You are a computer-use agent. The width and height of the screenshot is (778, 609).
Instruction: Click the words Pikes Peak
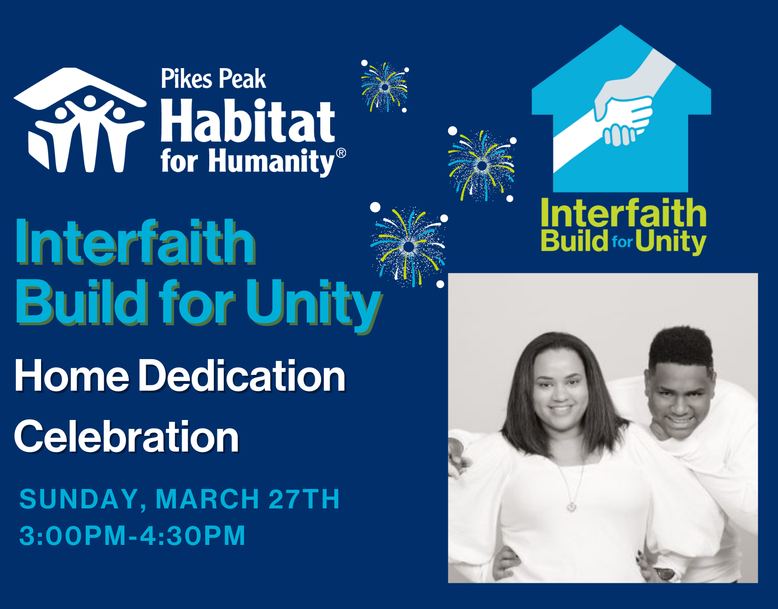pyautogui.click(x=213, y=79)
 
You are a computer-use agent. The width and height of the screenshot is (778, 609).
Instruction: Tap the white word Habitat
pyautogui.click(x=248, y=120)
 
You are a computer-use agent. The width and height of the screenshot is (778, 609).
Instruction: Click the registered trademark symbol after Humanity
pyautogui.click(x=341, y=153)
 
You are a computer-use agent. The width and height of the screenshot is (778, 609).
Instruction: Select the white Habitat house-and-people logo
pyautogui.click(x=80, y=120)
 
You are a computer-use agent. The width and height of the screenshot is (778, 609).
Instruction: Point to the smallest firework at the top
pyautogui.click(x=385, y=87)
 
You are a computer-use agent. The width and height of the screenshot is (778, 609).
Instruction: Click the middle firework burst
pyautogui.click(x=482, y=166)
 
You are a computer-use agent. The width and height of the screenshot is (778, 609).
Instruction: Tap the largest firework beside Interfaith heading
pyautogui.click(x=408, y=246)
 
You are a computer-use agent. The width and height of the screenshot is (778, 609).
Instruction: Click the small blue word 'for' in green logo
pyautogui.click(x=622, y=242)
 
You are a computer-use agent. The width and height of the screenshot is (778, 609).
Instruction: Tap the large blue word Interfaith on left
pyautogui.click(x=136, y=242)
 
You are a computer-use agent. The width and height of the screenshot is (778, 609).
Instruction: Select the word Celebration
pyautogui.click(x=127, y=436)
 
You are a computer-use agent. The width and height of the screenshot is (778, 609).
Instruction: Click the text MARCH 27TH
pyautogui.click(x=248, y=499)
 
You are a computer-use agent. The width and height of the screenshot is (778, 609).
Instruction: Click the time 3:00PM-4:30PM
pyautogui.click(x=132, y=535)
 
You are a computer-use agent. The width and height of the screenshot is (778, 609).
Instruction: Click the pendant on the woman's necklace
pyautogui.click(x=571, y=507)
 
